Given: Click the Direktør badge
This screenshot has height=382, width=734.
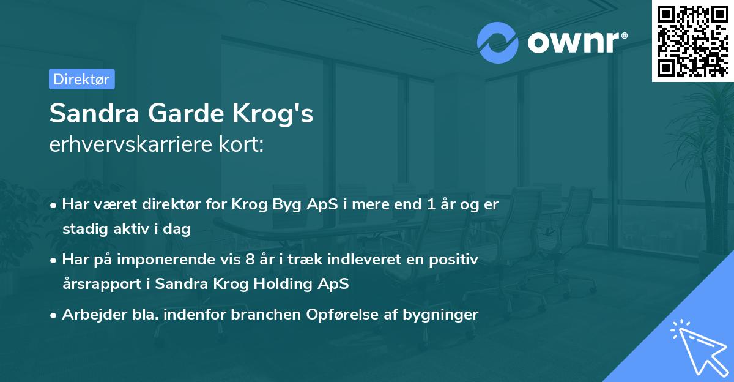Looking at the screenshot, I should (x=81, y=79).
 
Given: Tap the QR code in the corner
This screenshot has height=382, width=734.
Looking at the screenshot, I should (x=692, y=40).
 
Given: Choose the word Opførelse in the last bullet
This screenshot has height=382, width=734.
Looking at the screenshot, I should (x=353, y=315).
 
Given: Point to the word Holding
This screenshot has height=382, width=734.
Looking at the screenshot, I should (x=286, y=284).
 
